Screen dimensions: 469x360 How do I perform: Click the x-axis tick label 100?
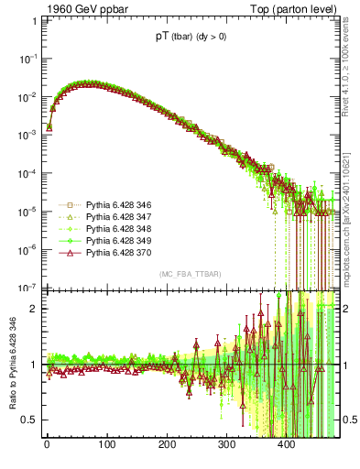pos(106,444)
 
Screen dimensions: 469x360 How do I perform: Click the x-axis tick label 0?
pos(46,444)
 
